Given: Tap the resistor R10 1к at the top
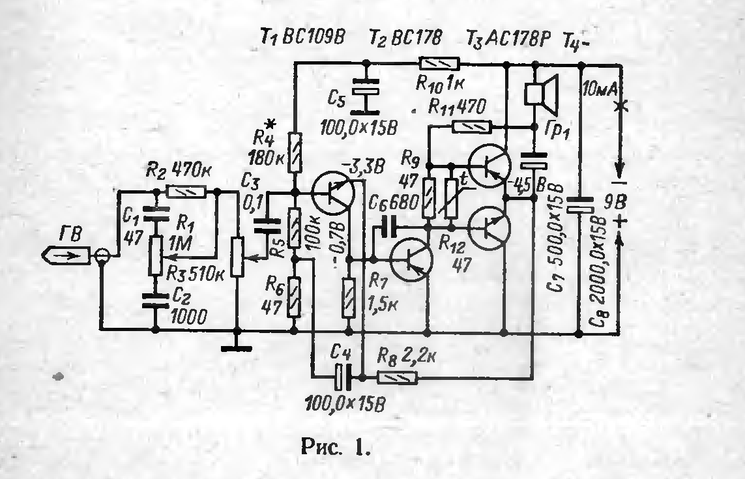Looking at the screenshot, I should (439, 63).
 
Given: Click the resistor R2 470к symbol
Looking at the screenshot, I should (186, 192).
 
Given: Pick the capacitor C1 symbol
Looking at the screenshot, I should (156, 213).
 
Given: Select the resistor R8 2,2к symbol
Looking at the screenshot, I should (398, 377).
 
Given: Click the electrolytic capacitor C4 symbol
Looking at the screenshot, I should (341, 376).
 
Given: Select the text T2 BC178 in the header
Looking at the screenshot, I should (405, 40).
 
